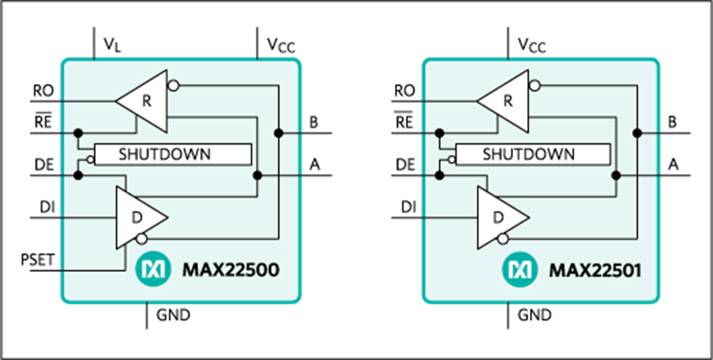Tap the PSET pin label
click(x=38, y=260)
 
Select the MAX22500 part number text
click(x=231, y=271)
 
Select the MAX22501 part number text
click(x=595, y=271)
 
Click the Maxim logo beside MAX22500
click(x=153, y=271)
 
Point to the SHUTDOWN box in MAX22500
click(x=173, y=154)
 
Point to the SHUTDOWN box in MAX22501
click(x=532, y=154)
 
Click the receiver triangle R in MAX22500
click(x=141, y=101)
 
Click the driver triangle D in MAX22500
click(x=141, y=217)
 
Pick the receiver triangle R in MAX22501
click(x=503, y=101)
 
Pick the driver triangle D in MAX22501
click(x=503, y=217)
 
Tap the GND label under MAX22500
click(x=173, y=315)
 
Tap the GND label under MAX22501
click(x=534, y=315)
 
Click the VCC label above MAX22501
click(x=532, y=45)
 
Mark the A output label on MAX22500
click(x=315, y=165)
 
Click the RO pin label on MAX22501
click(x=404, y=91)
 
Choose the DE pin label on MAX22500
click(x=44, y=165)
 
